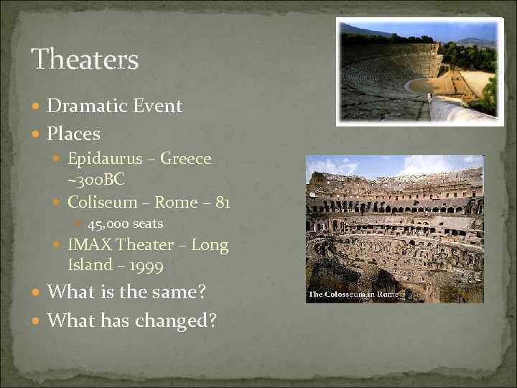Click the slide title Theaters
click(85, 60)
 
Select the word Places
click(73, 134)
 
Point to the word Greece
click(187, 159)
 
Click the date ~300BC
click(96, 178)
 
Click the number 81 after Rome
click(222, 203)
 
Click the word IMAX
click(90, 245)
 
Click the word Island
click(90, 265)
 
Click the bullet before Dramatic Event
click(38, 107)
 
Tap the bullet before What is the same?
click(38, 293)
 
